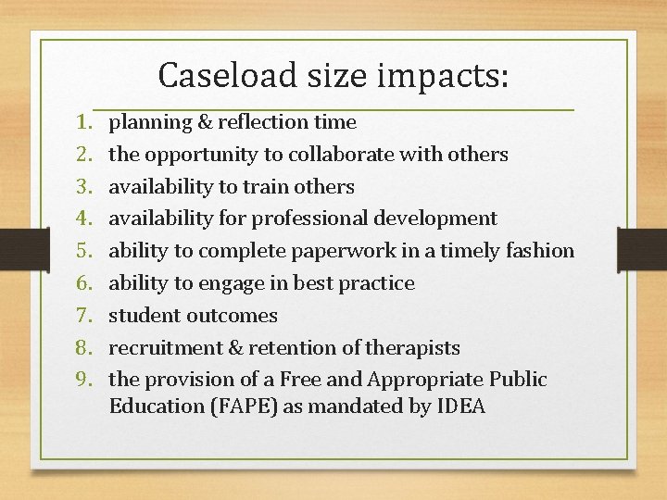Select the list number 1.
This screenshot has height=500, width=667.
click(82, 122)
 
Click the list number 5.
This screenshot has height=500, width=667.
click(82, 251)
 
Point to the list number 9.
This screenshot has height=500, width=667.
click(82, 380)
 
